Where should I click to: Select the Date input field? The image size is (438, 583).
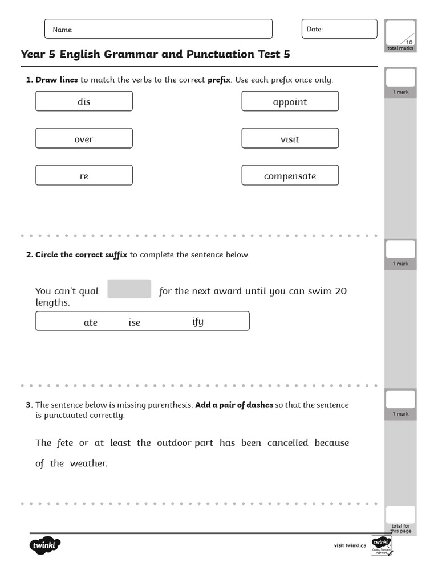point(339,29)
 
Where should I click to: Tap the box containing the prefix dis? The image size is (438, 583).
point(84,101)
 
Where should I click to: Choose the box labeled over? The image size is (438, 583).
point(84,138)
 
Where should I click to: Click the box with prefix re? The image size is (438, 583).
point(84,175)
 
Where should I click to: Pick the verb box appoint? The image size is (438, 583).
point(290,101)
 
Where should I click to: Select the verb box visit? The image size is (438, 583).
point(290,138)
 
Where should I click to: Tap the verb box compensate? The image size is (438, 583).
point(290,175)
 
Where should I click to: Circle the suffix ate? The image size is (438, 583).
point(91,322)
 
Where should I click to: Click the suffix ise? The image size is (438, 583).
point(134,322)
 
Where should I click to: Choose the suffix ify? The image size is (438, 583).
point(198,322)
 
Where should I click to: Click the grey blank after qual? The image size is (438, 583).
point(129,289)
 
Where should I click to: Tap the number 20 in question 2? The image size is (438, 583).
point(340,291)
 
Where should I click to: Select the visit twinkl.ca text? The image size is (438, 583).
point(350,545)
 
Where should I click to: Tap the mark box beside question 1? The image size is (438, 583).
point(400,77)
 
